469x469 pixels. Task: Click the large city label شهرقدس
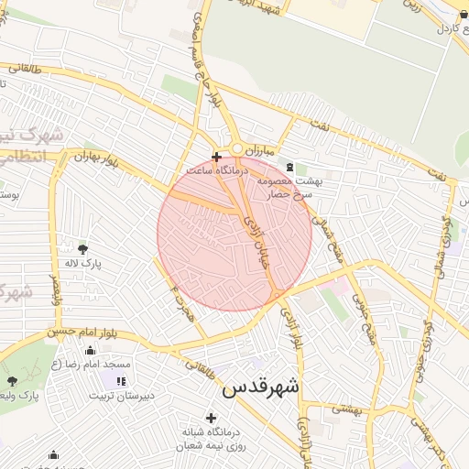click(x=260, y=387)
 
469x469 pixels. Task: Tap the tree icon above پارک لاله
click(x=83, y=249)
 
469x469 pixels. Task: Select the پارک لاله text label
click(x=83, y=264)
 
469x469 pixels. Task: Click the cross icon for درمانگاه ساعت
click(x=216, y=157)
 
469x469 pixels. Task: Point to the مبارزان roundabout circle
click(x=236, y=148)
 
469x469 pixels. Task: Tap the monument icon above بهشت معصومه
click(x=290, y=167)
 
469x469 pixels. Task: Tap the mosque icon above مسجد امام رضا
click(x=90, y=350)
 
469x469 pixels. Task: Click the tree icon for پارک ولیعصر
click(x=12, y=381)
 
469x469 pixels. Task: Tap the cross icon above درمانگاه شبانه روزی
click(x=211, y=418)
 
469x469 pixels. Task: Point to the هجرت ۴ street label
click(x=181, y=302)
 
